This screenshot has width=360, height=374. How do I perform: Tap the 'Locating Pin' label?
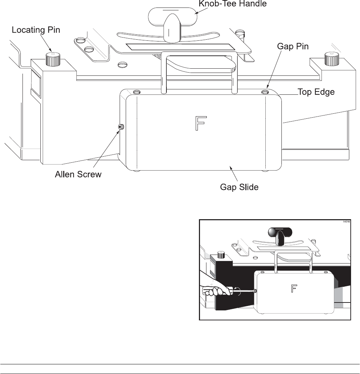point(36,30)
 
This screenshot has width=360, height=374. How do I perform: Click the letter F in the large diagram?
point(200,123)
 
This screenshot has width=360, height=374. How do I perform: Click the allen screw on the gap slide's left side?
point(121,127)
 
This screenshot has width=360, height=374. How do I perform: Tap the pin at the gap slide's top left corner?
point(136,92)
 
